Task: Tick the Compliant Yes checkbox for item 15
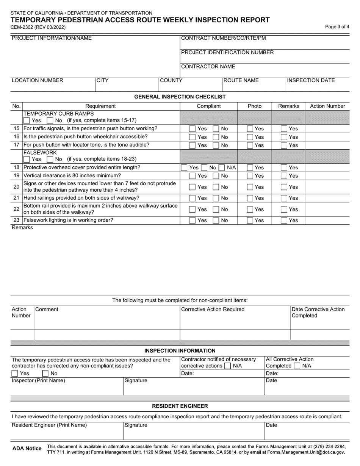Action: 193,128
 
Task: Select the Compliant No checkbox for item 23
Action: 216,220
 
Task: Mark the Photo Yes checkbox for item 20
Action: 250,187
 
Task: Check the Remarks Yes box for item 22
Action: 284,209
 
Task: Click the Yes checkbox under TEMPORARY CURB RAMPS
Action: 27,120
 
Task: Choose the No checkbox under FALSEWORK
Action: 50,159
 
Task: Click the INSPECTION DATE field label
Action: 311,80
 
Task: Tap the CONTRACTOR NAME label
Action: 208,67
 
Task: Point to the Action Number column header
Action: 327,106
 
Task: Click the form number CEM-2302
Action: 25,27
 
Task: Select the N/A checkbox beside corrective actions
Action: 228,366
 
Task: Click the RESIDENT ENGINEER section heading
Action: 180,406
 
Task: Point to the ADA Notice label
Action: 27,449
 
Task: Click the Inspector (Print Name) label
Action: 38,381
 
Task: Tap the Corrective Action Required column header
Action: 213,309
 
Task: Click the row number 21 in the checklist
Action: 16,198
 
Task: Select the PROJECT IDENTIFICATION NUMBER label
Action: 227,52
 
